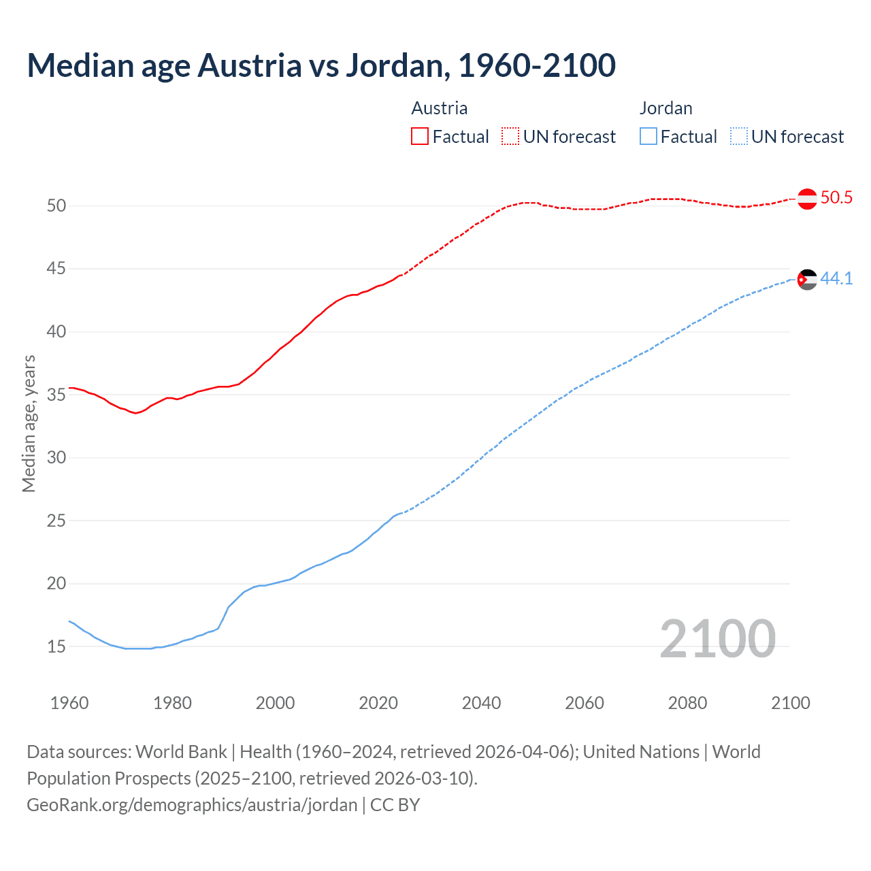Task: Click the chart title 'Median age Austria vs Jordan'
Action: coord(321,65)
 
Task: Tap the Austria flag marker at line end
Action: coord(807,199)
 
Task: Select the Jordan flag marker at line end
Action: coord(807,279)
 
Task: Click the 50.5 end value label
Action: coord(836,198)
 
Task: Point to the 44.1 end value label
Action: coord(836,278)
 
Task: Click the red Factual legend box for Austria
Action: coord(420,137)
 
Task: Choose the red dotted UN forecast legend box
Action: coord(510,137)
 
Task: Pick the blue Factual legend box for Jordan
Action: coord(648,137)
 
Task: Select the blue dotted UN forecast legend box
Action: coord(738,137)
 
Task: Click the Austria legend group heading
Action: coord(440,108)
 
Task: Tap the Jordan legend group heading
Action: coord(666,108)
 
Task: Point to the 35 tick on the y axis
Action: coord(56,395)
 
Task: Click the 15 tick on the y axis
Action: coord(56,646)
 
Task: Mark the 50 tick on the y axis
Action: coord(56,206)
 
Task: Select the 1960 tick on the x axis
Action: coord(69,703)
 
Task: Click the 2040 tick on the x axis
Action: coord(481,703)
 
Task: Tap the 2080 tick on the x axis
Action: coord(687,703)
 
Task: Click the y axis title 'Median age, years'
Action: coord(29,423)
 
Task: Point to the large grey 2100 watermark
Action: coord(717,638)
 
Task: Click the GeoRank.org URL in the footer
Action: coord(192,805)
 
